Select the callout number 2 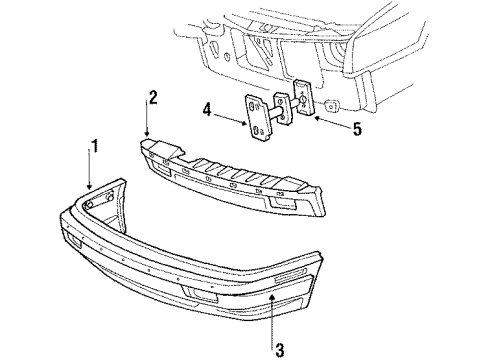click(153, 97)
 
